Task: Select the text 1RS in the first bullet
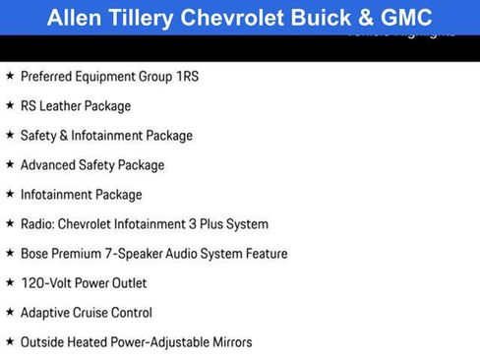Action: tap(185, 77)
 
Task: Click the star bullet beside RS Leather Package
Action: tap(10, 105)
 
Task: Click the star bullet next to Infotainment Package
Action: tap(10, 194)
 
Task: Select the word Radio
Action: tap(37, 224)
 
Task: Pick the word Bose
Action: tap(35, 254)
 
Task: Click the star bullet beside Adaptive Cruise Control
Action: tap(10, 312)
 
